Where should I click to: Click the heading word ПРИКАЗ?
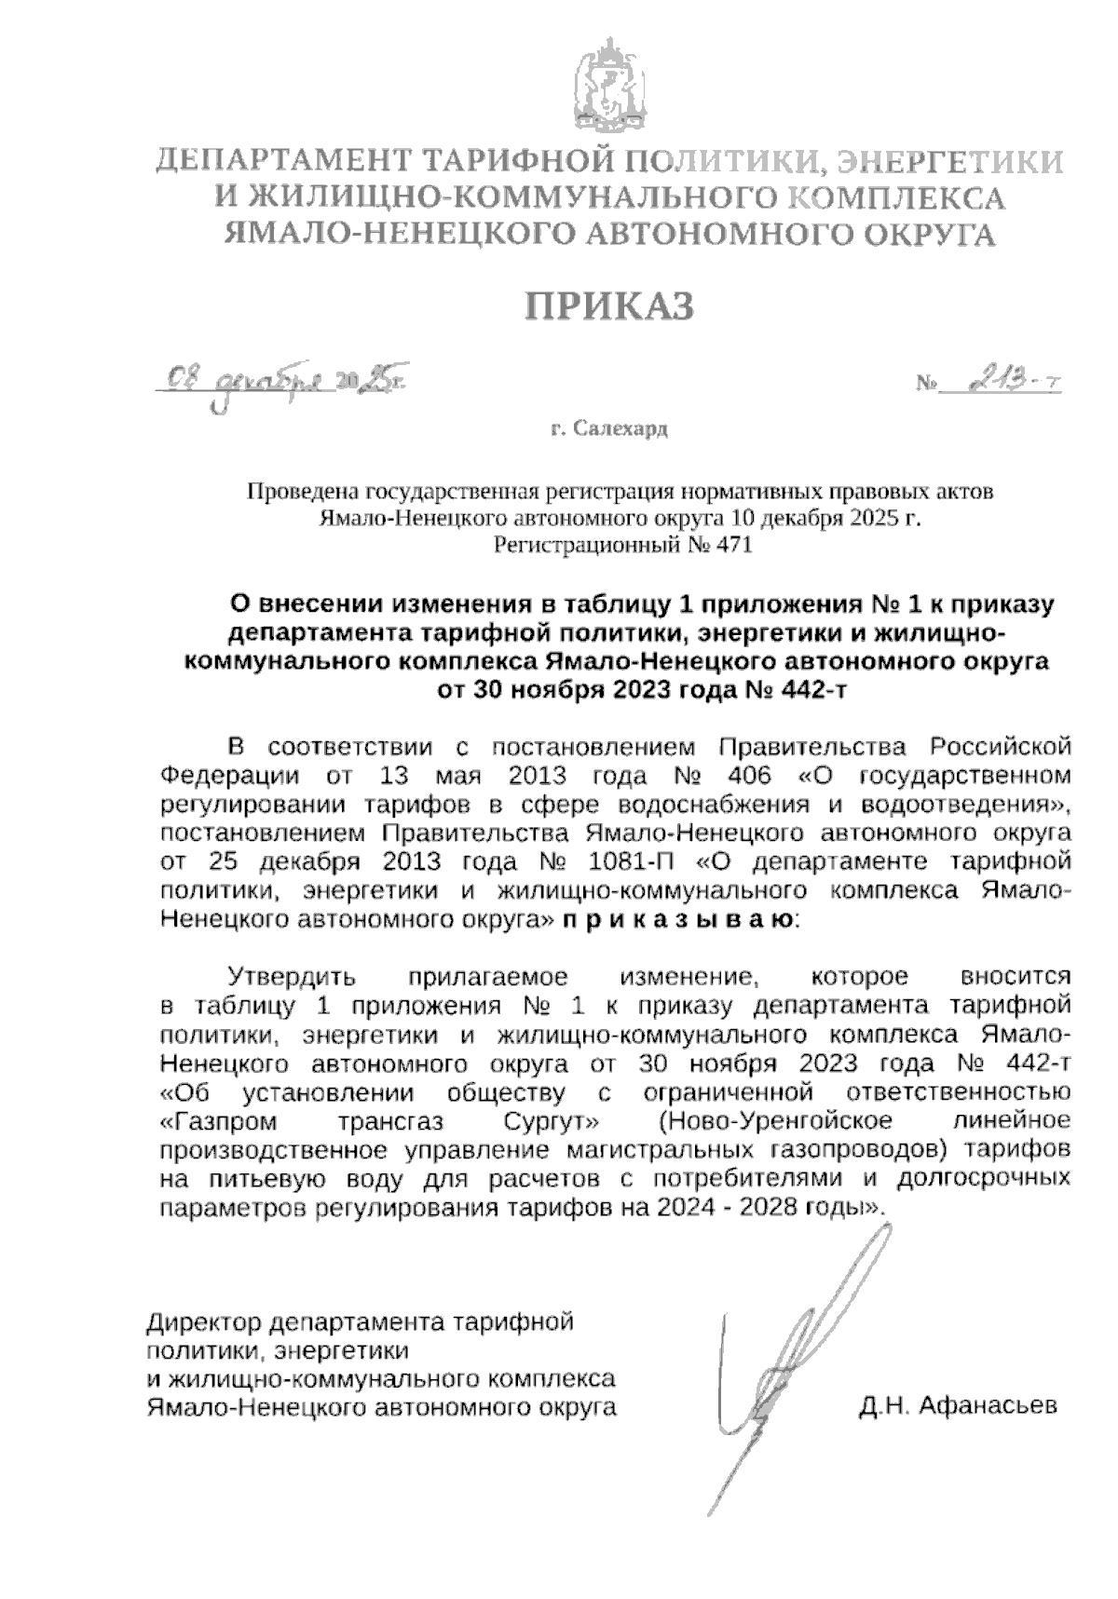click(x=611, y=305)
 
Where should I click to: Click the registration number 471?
click(x=732, y=545)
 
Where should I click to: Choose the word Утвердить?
click(x=292, y=977)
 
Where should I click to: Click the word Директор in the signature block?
click(x=203, y=1322)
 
